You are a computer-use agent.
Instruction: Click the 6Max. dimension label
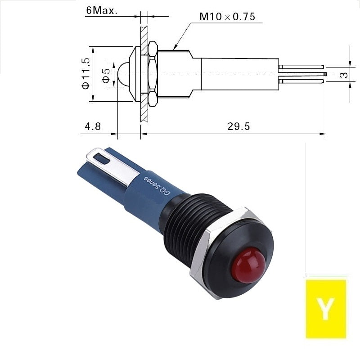pos(102,10)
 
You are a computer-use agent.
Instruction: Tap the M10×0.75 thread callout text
pos(227,17)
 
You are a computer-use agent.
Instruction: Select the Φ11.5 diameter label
pos(85,73)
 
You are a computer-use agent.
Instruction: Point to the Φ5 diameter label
pos(106,76)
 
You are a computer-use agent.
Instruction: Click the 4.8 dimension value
pos(93,126)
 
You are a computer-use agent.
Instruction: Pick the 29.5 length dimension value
pos(238,126)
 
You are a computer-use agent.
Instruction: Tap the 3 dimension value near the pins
pos(344,75)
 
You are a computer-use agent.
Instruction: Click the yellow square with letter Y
pos(326,309)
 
